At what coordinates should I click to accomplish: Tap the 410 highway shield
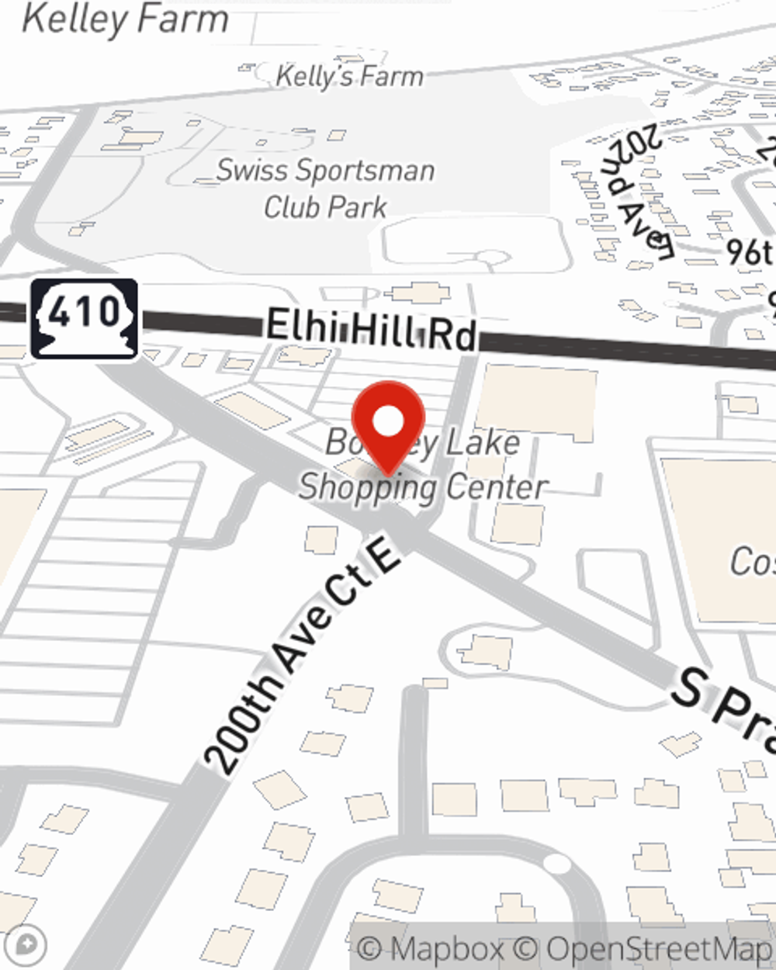pyautogui.click(x=85, y=319)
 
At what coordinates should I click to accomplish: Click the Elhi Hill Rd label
pyautogui.click(x=371, y=331)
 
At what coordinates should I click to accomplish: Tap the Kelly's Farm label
pyautogui.click(x=349, y=76)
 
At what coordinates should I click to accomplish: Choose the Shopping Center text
pyautogui.click(x=423, y=487)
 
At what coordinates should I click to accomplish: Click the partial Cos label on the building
pyautogui.click(x=751, y=560)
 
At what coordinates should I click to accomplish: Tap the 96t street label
pyautogui.click(x=750, y=251)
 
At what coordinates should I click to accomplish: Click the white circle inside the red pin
pyautogui.click(x=388, y=422)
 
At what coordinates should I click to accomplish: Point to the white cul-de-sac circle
pyautogui.click(x=556, y=863)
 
